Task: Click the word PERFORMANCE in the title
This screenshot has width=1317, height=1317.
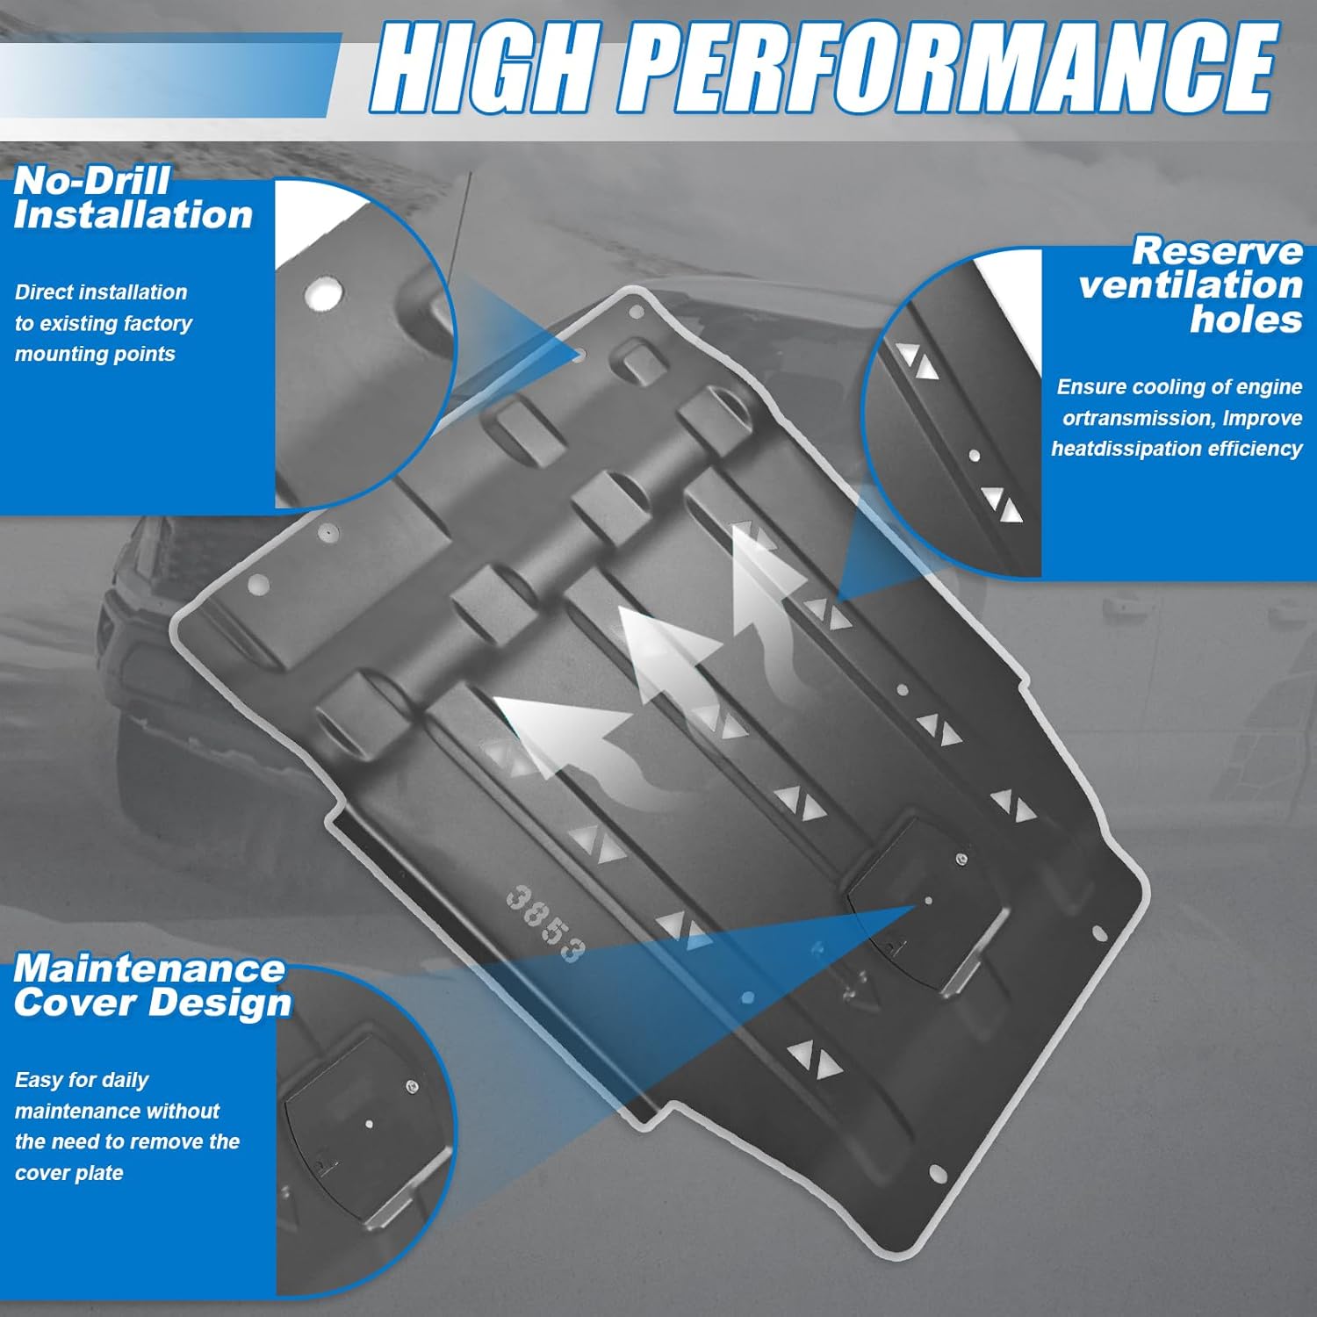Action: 953,68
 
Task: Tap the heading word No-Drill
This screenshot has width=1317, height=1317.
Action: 91,181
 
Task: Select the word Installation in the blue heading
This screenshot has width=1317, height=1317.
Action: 133,216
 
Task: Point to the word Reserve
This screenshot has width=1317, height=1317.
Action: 1217,251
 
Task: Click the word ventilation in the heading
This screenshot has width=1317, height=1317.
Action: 1190,285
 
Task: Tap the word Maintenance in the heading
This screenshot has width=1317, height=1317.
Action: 149,968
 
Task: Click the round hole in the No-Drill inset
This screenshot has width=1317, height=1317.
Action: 323,293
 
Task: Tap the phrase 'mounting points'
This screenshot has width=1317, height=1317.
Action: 95,354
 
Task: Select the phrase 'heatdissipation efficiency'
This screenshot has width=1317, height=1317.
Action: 1177,449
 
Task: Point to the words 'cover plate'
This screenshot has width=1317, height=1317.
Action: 68,1173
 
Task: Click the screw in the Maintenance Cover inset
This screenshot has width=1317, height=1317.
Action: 412,1088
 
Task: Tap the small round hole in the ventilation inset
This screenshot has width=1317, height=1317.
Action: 974,456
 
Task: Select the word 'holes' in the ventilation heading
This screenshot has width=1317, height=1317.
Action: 1246,320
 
